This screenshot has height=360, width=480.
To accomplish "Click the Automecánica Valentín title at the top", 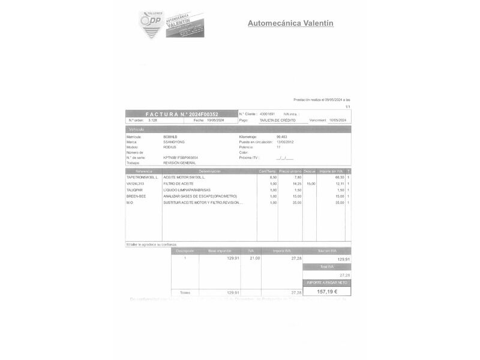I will tap(290, 23).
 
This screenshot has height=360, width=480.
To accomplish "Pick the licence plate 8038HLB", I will tap(170, 137).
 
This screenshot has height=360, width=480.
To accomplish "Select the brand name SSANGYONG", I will tap(174, 142).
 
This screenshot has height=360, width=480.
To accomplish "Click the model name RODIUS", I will tap(170, 147).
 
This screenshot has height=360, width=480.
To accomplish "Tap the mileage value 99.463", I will tap(282, 137).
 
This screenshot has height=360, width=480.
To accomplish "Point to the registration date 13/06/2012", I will tap(285, 142).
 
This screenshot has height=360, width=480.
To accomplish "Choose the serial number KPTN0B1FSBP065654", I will tap(181, 157).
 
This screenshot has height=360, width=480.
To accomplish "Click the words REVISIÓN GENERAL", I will tap(179, 163).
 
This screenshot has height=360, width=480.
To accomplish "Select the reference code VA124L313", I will tap(136, 184).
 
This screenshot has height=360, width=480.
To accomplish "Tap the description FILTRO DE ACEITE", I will tap(178, 184).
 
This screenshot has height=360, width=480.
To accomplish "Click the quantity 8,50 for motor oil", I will tap(274, 178).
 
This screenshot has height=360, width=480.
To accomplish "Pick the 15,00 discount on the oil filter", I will tap(311, 184).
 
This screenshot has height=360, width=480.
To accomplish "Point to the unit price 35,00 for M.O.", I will tap(297, 202).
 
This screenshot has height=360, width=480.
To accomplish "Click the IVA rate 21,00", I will tap(255, 258).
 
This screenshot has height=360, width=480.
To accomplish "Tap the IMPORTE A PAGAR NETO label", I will tap(327, 282).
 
